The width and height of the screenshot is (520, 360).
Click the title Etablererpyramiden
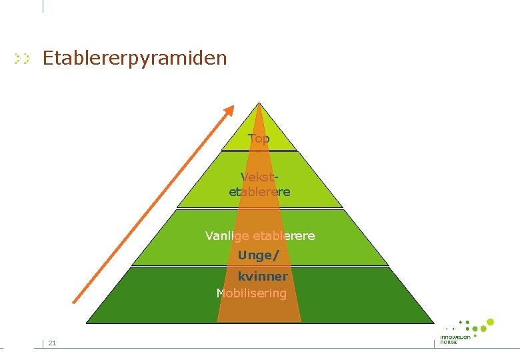pyautogui.click(x=135, y=58)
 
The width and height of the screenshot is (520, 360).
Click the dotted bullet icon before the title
pyautogui.click(x=23, y=59)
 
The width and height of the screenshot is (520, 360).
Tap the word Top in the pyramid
pyautogui.click(x=259, y=139)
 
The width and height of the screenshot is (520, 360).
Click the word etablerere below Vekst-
pyautogui.click(x=259, y=192)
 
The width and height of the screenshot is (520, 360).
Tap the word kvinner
pyautogui.click(x=263, y=276)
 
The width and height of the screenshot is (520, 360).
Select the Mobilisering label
pyautogui.click(x=251, y=293)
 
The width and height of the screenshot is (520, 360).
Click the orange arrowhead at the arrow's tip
pyautogui.click(x=229, y=111)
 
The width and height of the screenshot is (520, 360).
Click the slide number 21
pyautogui.click(x=52, y=343)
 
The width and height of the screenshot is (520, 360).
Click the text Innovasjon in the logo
pyautogui.click(x=455, y=337)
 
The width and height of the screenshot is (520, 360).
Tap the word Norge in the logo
pyautogui.click(x=449, y=342)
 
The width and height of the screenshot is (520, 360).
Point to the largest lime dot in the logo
pyautogui.click(x=490, y=323)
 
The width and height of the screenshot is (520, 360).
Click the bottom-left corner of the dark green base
pyautogui.click(x=87, y=323)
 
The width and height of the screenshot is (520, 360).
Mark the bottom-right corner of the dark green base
pyautogui.click(x=434, y=323)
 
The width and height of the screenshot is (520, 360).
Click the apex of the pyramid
pyautogui.click(x=259, y=103)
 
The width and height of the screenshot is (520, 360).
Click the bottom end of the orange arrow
pyautogui.click(x=74, y=302)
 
